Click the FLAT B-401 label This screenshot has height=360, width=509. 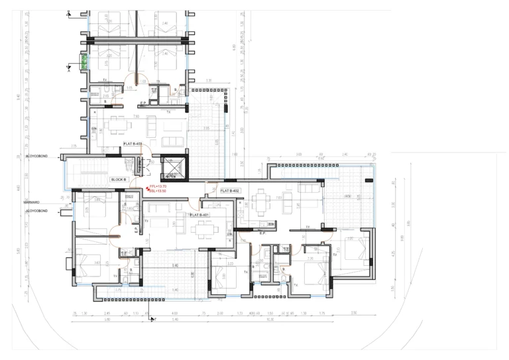(199, 215)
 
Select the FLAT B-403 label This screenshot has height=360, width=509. (133, 143)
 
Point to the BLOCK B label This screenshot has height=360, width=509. (118, 179)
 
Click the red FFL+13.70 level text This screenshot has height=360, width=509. (158, 187)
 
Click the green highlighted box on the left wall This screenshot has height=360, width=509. (84, 62)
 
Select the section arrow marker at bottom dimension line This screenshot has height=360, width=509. (153, 320)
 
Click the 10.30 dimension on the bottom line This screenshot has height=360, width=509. (270, 319)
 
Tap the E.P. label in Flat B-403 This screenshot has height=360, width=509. (143, 103)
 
